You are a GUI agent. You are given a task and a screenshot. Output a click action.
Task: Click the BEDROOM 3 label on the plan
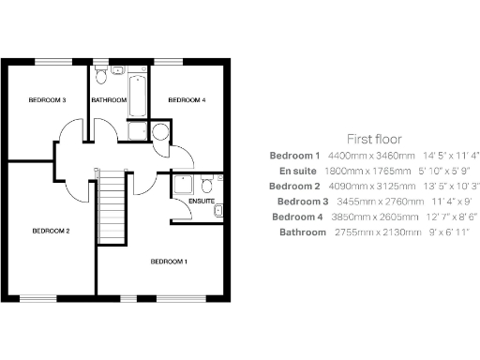pyautogui.click(x=46, y=99)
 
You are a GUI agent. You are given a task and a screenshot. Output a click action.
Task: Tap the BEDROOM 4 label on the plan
pyautogui.click(x=186, y=99)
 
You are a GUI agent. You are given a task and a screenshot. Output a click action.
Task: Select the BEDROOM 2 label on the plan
pyautogui.click(x=51, y=231)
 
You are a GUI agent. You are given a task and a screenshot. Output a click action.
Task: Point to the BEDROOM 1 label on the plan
pyautogui.click(x=170, y=262)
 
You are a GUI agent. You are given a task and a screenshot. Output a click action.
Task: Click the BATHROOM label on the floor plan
pyautogui.click(x=109, y=99)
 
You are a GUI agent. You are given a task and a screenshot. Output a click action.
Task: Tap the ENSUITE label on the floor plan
pyautogui.click(x=202, y=202)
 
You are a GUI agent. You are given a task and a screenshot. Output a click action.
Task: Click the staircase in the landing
pyautogui.click(x=112, y=207)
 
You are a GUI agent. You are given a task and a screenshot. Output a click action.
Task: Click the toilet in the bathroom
pyautogui.click(x=115, y=71)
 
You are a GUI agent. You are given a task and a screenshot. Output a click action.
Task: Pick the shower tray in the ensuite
pyautogui.click(x=183, y=185)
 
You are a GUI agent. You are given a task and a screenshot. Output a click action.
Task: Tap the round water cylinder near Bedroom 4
pyautogui.click(x=159, y=131)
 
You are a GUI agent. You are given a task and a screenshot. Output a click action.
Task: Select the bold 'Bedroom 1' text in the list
pyautogui.click(x=294, y=155)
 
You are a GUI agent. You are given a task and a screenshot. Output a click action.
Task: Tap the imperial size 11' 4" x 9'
pyautogui.click(x=425, y=201)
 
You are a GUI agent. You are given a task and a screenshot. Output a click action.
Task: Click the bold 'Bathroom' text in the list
pyautogui.click(x=299, y=232)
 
